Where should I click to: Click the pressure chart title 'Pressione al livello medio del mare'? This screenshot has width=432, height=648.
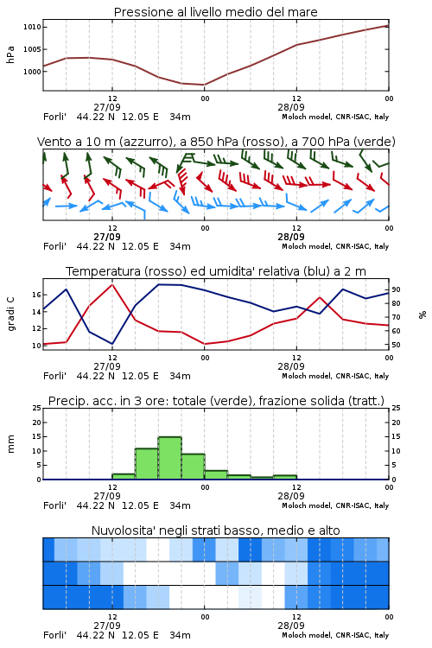click(x=215, y=12)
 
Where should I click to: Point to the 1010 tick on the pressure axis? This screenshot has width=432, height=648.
click(x=32, y=28)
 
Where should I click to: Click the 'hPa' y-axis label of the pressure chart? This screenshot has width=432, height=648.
click(x=10, y=54)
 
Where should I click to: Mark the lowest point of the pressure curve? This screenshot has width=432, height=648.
click(x=204, y=85)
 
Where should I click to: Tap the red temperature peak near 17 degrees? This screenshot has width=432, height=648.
click(x=112, y=284)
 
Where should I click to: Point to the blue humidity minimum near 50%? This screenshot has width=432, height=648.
click(x=112, y=344)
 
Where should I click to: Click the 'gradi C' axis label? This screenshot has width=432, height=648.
click(x=11, y=314)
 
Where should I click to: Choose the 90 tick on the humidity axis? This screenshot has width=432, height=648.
click(x=396, y=289)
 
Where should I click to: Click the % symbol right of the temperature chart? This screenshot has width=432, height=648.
click(x=422, y=314)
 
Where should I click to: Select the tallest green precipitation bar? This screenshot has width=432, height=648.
click(x=170, y=458)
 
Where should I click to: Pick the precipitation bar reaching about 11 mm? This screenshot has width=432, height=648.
click(x=147, y=464)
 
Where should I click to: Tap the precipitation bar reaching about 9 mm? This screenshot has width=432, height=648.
click(x=193, y=467)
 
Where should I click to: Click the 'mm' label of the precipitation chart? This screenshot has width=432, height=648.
click(x=10, y=444)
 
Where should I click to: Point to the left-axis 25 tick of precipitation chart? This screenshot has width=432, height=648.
click(x=37, y=408)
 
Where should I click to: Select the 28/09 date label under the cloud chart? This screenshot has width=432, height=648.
click(x=291, y=626)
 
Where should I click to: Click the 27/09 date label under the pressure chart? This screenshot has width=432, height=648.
click(x=107, y=107)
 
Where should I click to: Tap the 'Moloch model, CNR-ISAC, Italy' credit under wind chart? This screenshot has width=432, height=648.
click(x=335, y=246)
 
